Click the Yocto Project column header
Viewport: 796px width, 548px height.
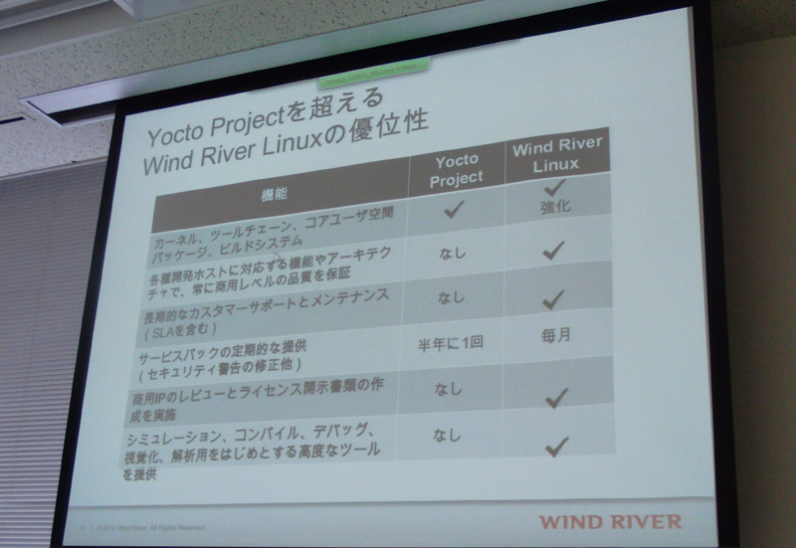pos(457,168)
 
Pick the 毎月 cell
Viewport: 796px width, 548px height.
pos(556,336)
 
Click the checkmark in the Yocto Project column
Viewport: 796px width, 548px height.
pos(455,210)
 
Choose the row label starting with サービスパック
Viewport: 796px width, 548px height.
pos(261,360)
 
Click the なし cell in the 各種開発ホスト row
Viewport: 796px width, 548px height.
pos(452,253)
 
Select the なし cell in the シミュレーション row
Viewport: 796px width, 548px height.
pos(449,435)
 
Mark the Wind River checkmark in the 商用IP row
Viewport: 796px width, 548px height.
pos(556,398)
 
